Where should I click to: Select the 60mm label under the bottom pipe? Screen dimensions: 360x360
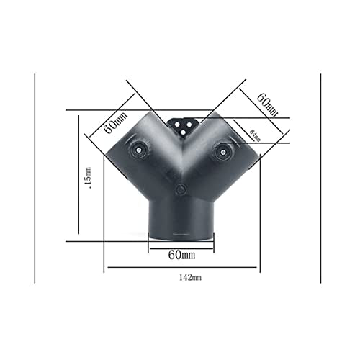(x=181, y=255)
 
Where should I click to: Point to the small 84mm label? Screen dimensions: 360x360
(x=254, y=132)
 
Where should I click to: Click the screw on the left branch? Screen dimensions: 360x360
(x=138, y=149)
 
